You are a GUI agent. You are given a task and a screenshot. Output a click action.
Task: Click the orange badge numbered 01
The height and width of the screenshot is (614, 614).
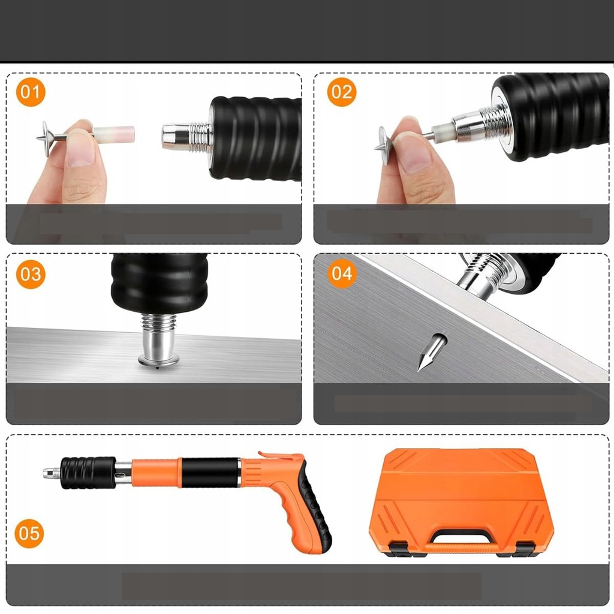(31, 92)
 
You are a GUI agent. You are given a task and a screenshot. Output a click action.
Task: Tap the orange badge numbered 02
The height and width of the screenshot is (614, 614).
(341, 92)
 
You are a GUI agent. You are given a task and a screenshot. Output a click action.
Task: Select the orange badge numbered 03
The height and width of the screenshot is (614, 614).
(31, 274)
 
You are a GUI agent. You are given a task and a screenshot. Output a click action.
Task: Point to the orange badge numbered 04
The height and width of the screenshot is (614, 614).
(341, 273)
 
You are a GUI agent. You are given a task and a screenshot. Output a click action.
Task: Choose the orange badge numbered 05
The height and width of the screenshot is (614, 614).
(29, 533)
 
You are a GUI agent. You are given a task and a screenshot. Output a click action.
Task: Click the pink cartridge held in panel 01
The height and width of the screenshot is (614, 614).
(114, 134)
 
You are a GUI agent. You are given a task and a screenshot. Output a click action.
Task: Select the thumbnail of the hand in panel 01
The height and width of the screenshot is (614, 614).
(80, 149)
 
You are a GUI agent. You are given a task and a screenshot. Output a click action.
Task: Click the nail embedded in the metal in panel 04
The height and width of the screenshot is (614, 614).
(432, 351)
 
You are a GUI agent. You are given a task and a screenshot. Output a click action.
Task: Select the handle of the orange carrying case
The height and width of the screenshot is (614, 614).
(461, 539)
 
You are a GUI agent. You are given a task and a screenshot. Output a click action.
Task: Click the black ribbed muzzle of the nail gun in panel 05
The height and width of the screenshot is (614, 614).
(88, 472)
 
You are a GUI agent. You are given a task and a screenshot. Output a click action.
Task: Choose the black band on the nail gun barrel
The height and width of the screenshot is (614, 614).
(210, 472)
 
